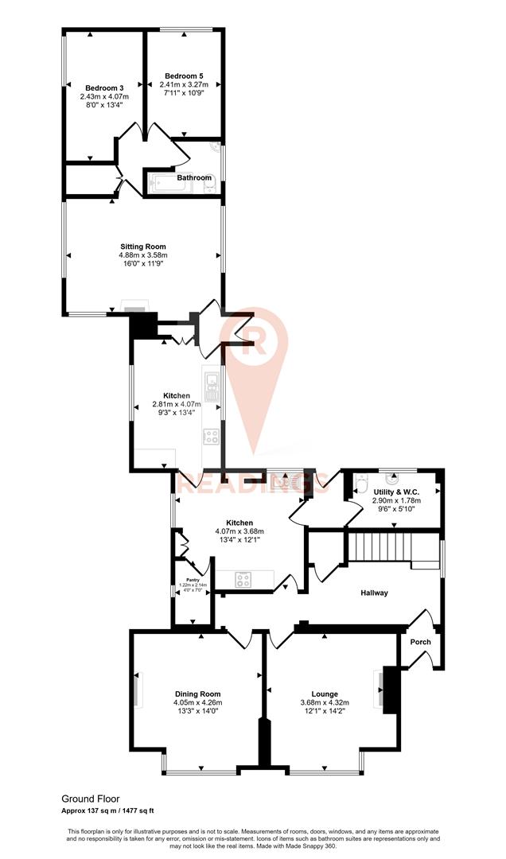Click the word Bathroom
(194, 177)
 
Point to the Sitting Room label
(143, 247)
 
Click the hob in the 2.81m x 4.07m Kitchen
(212, 436)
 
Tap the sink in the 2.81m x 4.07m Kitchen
(212, 387)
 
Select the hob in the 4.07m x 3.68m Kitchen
(243, 580)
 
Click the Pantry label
(193, 580)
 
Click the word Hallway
(374, 593)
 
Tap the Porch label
(420, 642)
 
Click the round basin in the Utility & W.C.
(393, 480)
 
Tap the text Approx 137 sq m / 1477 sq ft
(119, 810)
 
